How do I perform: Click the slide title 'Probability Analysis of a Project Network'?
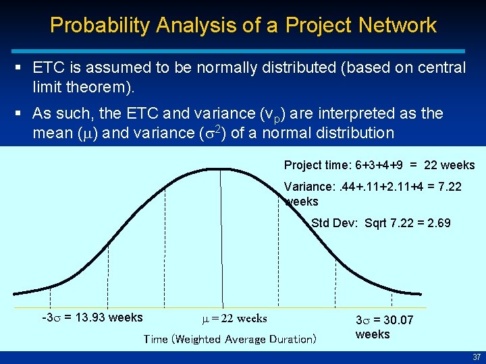[x=243, y=26]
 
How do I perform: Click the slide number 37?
[x=476, y=357]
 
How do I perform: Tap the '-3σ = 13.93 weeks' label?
[x=92, y=317]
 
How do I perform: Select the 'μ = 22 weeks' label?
[x=234, y=318]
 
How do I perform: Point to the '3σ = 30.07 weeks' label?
[x=384, y=327]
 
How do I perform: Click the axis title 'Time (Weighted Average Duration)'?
[x=230, y=339]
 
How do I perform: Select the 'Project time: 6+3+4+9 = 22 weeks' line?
[x=379, y=165]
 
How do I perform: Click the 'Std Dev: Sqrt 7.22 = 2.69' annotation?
[x=381, y=223]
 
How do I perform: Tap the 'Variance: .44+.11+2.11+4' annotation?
[x=373, y=187]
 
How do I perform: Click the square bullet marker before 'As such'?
[x=23, y=113]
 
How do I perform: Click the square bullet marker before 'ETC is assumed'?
[x=23, y=67]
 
